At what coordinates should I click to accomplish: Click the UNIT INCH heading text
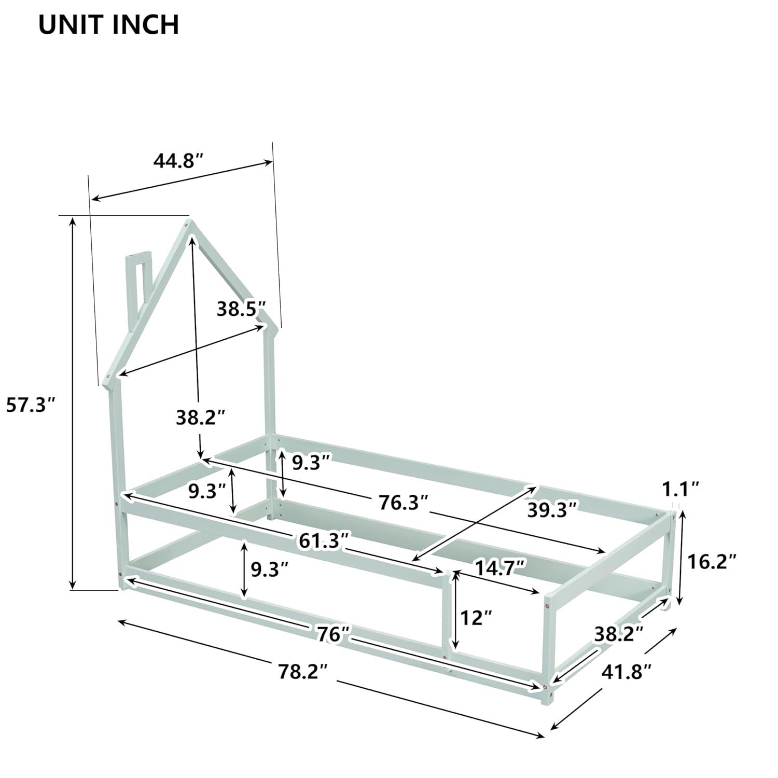click(109, 25)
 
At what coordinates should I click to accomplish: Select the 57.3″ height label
click(30, 405)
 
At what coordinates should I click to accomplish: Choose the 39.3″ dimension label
click(552, 510)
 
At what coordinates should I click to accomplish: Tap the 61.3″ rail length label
click(323, 541)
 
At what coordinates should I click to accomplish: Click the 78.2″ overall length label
click(303, 672)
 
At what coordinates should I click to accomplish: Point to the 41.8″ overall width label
click(626, 672)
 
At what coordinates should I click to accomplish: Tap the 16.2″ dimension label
click(712, 561)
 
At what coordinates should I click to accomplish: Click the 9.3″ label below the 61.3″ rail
click(269, 569)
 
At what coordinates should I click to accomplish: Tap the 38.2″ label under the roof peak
click(200, 416)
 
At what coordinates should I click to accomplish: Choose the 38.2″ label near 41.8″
click(619, 633)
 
